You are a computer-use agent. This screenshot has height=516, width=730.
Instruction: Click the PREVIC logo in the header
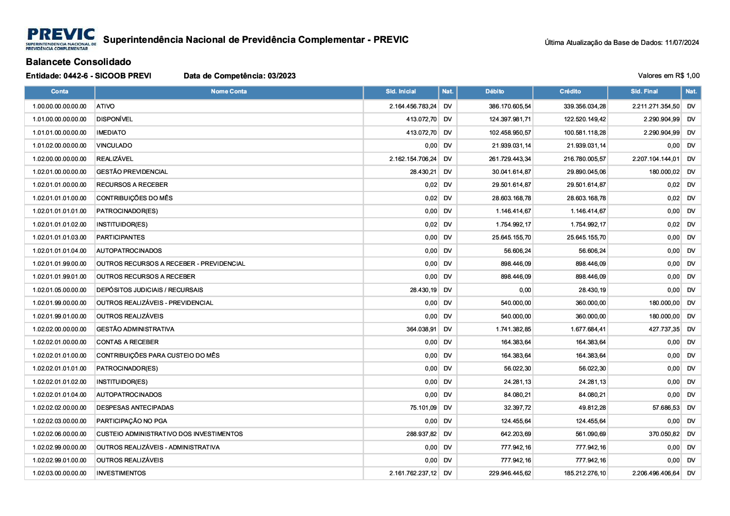tap(61, 39)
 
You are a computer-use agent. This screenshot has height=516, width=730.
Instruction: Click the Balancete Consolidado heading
tap(78, 62)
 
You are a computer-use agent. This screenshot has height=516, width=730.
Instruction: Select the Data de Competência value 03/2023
tap(282, 76)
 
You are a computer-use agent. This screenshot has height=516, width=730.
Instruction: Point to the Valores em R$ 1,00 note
tap(669, 76)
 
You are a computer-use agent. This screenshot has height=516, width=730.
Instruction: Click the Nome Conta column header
tap(229, 92)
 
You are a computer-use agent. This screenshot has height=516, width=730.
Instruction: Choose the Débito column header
tap(494, 92)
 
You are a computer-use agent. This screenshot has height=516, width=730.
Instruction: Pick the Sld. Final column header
tap(644, 92)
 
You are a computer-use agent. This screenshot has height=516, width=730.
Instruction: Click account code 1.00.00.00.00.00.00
tap(59, 106)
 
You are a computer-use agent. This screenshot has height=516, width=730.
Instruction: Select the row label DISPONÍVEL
tap(115, 119)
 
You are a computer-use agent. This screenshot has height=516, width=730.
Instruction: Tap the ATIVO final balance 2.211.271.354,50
tap(656, 106)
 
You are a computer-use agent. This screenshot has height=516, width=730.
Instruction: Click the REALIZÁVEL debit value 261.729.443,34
tap(510, 159)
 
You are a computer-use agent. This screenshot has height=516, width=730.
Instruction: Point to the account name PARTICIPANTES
tap(121, 237)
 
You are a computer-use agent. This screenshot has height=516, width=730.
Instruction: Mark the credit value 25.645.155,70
tap(586, 237)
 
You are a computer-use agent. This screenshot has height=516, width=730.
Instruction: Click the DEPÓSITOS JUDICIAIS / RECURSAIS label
tap(150, 290)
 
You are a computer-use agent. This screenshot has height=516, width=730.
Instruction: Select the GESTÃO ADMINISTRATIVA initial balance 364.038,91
tap(421, 329)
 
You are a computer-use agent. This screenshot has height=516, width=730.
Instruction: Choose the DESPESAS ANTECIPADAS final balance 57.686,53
tap(666, 408)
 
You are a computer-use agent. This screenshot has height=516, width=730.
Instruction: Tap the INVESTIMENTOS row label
tap(121, 473)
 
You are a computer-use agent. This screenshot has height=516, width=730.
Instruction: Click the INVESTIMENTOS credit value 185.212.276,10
tap(585, 473)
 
